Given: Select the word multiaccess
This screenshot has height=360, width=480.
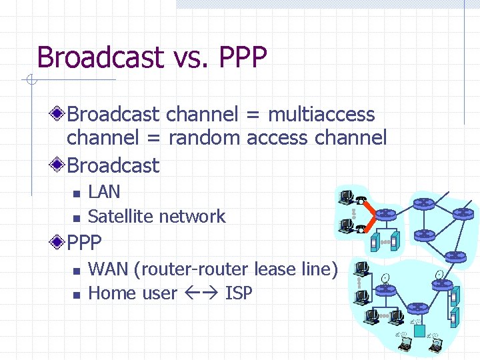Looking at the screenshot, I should tap(321, 115).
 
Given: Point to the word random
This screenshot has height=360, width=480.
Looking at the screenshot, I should tap(205, 139).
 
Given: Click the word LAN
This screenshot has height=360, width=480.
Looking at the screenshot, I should tap(104, 192).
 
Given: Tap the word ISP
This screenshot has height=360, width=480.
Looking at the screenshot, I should tap(239, 293).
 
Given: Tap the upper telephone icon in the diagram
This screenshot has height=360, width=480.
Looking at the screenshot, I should tap(361, 199).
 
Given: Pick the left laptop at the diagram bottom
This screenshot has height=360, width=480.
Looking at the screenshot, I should tap(404, 344).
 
